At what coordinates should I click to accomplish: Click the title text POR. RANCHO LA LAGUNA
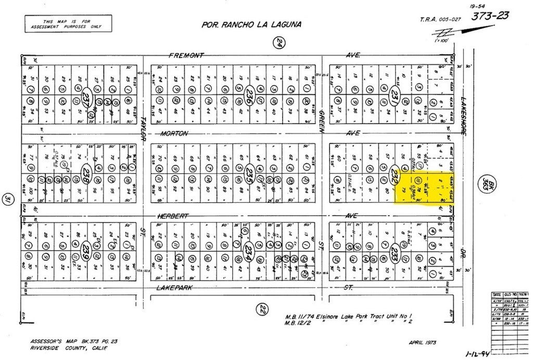251,24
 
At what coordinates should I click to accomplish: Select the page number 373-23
490,16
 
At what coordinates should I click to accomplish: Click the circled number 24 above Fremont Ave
280,44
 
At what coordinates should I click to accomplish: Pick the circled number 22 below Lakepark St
263,309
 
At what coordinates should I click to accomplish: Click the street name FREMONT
185,55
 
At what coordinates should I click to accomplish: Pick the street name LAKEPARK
175,288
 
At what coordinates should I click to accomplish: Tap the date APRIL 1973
422,343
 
